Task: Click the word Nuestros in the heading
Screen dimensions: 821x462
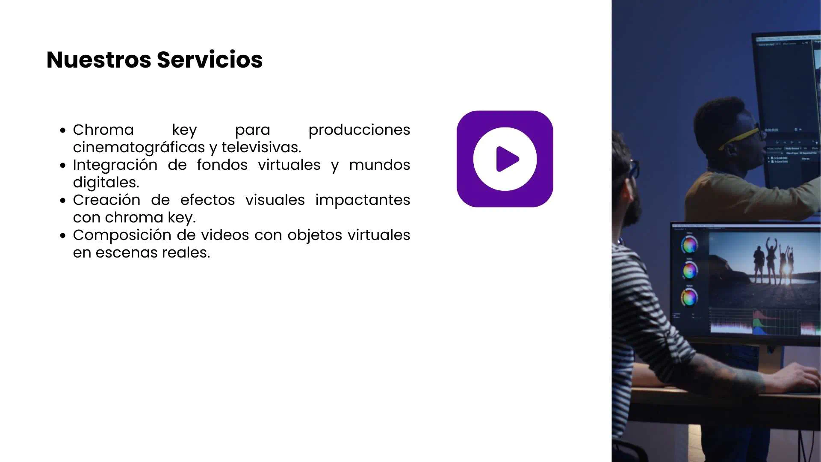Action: tap(99, 59)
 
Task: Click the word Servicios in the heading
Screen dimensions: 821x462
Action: tap(210, 59)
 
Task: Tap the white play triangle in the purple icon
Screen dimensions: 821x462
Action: tap(508, 159)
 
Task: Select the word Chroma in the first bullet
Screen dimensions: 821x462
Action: tap(103, 130)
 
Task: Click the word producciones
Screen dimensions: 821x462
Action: tap(359, 130)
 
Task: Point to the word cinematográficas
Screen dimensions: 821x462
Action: tap(139, 148)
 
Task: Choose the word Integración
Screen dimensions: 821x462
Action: tap(115, 165)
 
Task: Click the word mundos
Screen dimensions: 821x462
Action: tap(380, 165)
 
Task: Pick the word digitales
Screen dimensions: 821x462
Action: tap(106, 183)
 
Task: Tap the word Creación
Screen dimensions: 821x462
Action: tap(106, 200)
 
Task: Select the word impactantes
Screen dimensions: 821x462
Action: tap(363, 200)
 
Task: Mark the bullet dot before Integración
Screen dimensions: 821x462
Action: tap(63, 165)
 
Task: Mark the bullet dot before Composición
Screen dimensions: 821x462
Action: tap(63, 235)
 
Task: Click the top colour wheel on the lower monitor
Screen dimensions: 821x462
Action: tap(689, 245)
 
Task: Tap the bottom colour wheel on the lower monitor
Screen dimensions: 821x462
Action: tap(689, 297)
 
